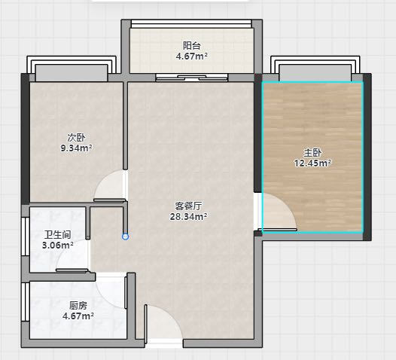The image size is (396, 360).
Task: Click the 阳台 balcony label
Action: (x=192, y=46)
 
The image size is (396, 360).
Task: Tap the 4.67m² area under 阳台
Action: (x=192, y=56)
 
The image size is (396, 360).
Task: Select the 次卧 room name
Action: (x=76, y=138)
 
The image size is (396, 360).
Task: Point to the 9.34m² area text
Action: (x=76, y=148)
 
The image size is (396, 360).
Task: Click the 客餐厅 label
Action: (x=188, y=206)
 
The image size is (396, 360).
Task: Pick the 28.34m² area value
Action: (x=188, y=216)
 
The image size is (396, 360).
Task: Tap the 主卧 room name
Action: (x=312, y=153)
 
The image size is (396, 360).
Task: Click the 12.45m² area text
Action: (x=312, y=163)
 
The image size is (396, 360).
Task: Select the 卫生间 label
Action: (x=57, y=235)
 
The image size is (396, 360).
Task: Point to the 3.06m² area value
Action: (x=57, y=245)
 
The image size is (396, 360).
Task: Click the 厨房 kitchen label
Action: (x=78, y=306)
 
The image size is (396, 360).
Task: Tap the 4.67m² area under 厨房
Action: (x=78, y=316)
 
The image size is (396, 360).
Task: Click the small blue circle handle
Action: (x=125, y=236)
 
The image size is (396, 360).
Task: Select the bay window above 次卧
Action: (x=72, y=69)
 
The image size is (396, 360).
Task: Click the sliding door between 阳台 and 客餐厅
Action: (x=192, y=78)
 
